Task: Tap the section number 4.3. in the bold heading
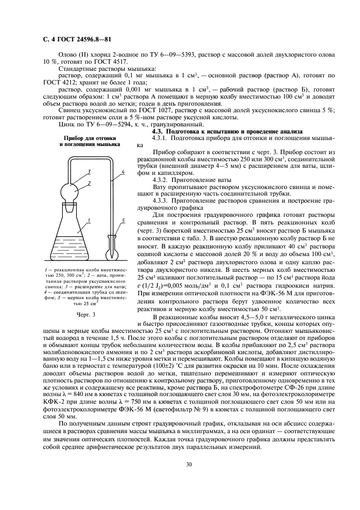[158, 132]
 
